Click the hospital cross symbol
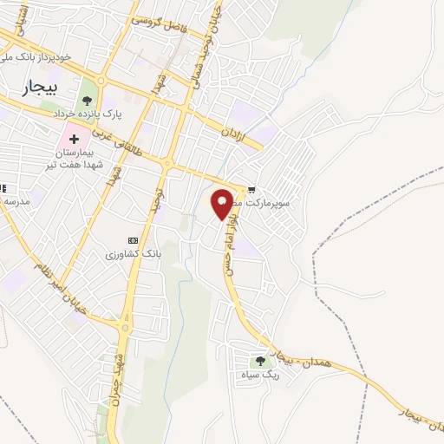[x=74, y=139]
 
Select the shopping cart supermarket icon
[x=251, y=188]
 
